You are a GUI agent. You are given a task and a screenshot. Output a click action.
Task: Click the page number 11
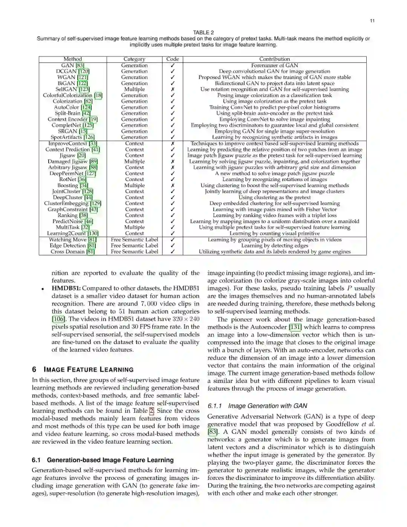pyautogui.click(x=372, y=21)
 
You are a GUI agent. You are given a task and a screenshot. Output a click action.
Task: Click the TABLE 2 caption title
pyautogui.click(x=203, y=32)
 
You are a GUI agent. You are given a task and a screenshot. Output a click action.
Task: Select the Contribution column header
pyautogui.click(x=274, y=59)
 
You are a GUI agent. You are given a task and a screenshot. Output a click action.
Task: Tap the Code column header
pyautogui.click(x=173, y=59)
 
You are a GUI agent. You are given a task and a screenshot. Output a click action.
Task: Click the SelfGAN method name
pyautogui.click(x=66, y=89)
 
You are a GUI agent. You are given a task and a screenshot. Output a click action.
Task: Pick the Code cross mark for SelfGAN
pyautogui.click(x=173, y=89)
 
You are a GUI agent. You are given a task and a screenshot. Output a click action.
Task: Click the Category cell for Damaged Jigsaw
pyautogui.click(x=135, y=161)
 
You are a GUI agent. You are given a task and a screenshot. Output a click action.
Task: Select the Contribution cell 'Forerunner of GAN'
pyautogui.click(x=274, y=65)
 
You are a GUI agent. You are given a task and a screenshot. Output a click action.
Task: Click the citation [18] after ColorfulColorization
pyautogui.click(x=98, y=95)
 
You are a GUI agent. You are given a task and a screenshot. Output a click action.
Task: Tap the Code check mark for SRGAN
pyautogui.click(x=173, y=131)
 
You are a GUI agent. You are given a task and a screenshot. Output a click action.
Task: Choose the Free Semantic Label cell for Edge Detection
pyautogui.click(x=135, y=246)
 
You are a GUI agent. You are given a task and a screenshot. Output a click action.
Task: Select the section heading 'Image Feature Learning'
pyautogui.click(x=89, y=370)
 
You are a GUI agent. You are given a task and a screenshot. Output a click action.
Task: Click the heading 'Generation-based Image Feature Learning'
pyautogui.click(x=110, y=460)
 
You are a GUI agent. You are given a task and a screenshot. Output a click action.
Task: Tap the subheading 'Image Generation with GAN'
pyautogui.click(x=268, y=406)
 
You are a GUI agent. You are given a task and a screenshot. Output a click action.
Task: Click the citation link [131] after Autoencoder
pyautogui.click(x=295, y=327)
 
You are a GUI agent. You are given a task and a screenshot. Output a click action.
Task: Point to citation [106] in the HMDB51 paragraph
pyautogui.click(x=58, y=319)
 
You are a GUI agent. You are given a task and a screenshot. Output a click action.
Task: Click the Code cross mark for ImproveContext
pyautogui.click(x=173, y=143)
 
